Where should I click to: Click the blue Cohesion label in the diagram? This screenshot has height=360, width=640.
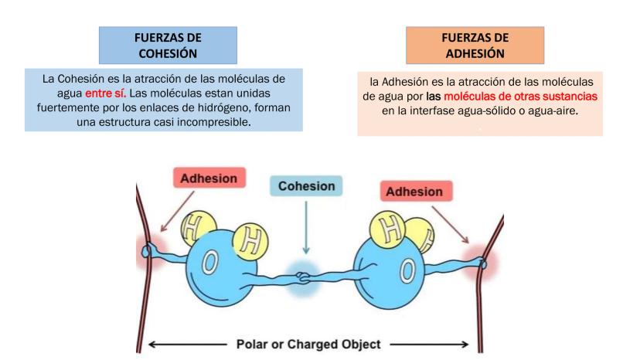pyautogui.click(x=307, y=186)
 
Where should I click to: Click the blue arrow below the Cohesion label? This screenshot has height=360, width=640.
pyautogui.click(x=307, y=228)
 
